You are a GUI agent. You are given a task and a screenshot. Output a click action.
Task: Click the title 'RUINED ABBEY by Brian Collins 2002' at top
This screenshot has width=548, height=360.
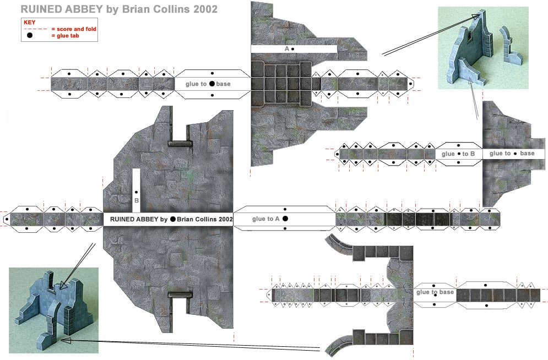(118, 9)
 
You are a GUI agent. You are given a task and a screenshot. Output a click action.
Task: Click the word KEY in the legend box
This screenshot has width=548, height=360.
(30, 22)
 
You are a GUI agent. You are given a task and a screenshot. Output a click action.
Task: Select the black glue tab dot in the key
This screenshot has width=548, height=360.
(30, 35)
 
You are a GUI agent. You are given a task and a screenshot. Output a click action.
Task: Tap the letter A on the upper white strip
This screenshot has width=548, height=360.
(287, 49)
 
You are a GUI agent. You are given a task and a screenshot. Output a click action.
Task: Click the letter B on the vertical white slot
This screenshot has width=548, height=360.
(137, 200)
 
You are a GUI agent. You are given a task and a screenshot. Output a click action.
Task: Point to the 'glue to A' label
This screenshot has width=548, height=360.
(267, 219)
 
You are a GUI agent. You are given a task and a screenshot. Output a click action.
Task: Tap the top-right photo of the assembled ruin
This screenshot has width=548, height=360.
(482, 48)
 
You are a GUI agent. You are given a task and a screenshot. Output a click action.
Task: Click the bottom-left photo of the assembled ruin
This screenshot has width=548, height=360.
(53, 310)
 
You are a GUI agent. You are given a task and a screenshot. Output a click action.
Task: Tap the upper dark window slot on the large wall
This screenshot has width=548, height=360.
(180, 144)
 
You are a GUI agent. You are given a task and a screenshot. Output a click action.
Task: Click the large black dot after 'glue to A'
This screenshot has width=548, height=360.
(285, 219)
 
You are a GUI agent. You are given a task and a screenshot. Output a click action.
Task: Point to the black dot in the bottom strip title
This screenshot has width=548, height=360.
(173, 219)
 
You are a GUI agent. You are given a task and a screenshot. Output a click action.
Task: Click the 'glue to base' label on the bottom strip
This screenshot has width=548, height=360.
(435, 292)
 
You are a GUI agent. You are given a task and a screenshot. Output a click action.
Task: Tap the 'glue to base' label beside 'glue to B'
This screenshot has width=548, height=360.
(512, 154)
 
